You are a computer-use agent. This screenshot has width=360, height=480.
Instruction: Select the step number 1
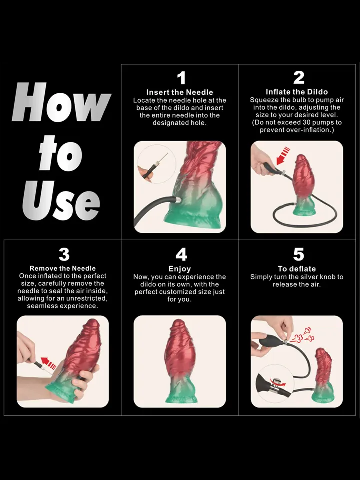(181, 78)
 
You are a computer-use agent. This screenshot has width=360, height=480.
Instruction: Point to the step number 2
(298, 78)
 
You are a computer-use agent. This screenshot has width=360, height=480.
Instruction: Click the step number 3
(64, 254)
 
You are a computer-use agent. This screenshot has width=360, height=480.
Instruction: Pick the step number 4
(181, 254)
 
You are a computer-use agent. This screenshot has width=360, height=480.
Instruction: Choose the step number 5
(298, 254)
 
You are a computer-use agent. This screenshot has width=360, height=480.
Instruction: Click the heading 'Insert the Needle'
(180, 92)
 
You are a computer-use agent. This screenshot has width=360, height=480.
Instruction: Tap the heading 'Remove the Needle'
(63, 268)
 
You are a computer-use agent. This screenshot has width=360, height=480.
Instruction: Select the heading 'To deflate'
(297, 269)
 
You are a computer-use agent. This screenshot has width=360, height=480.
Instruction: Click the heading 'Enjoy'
(180, 269)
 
